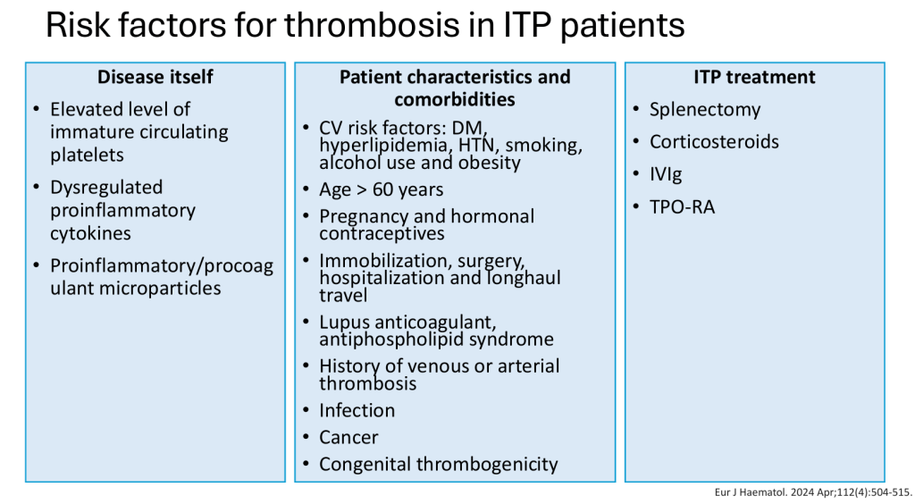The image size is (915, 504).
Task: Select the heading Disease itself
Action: click(155, 77)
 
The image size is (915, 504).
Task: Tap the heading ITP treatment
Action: click(754, 77)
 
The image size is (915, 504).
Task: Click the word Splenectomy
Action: click(705, 110)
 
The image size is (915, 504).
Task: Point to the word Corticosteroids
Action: click(714, 142)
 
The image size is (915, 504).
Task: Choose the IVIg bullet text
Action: click(666, 174)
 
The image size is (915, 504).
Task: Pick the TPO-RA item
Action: click(682, 207)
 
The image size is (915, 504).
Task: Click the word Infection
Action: click(357, 411)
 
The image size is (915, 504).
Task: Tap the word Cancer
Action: click(348, 438)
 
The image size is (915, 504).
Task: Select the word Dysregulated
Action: click(106, 188)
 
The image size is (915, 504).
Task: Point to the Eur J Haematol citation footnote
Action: click(813, 493)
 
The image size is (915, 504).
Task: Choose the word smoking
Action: click(544, 146)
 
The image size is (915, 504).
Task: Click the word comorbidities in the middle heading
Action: click(455, 100)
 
